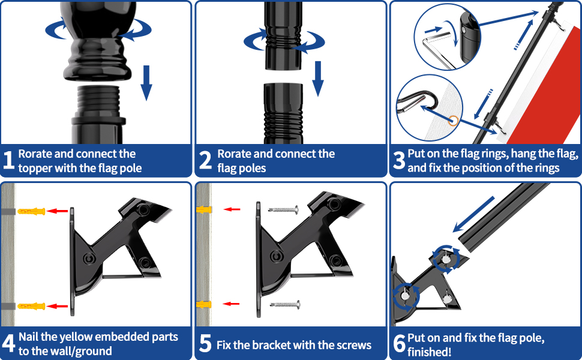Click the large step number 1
tap(9, 161)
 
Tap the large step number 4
tap(9, 344)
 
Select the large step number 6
tap(399, 344)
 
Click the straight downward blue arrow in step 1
tap(146, 84)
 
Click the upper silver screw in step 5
tap(283, 209)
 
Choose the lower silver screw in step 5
tap(283, 305)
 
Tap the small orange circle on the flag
tap(455, 122)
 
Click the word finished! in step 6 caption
tap(430, 352)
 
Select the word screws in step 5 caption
tap(352, 345)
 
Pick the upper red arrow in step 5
tap(232, 209)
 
